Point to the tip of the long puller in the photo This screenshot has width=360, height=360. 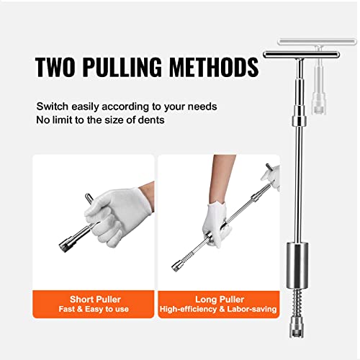coord(175,267)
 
